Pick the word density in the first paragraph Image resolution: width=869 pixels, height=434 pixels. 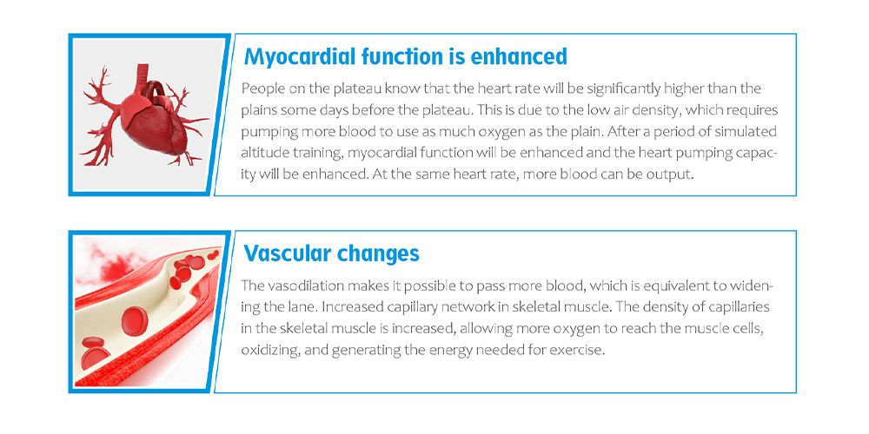659,110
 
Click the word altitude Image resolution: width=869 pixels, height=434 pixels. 262,154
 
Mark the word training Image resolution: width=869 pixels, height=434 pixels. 315,154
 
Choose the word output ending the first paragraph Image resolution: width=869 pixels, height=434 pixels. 673,175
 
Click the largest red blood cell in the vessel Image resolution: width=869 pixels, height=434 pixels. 135,321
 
